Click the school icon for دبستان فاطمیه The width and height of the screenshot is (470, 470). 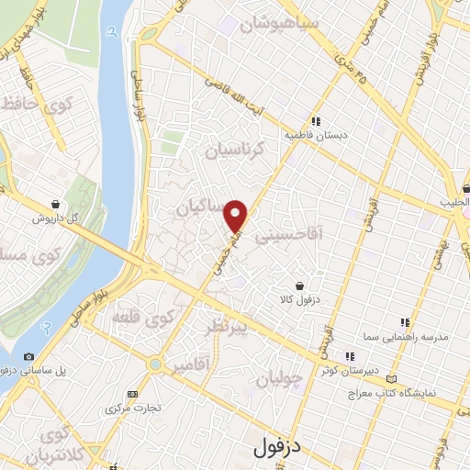tap(316, 120)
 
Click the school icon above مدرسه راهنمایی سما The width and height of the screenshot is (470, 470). tap(405, 322)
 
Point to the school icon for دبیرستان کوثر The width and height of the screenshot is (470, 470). tap(349, 357)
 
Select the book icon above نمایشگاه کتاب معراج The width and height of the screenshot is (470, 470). tap(392, 378)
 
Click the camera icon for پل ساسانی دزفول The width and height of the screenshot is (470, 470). tap(29, 356)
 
